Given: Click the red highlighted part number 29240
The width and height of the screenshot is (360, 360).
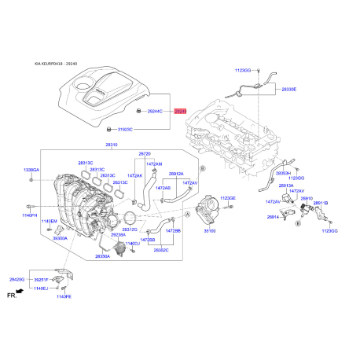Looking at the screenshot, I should (181, 112).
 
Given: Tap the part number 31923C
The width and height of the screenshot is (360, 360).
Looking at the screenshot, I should (126, 129).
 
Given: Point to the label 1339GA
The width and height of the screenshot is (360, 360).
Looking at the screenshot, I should (31, 170).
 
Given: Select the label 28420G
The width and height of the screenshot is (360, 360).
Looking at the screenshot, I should (17, 280).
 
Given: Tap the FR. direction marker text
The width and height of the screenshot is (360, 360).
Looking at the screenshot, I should (11, 296).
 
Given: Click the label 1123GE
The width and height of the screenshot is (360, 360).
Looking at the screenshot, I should (228, 199).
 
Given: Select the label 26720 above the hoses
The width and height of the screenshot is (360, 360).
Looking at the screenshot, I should (145, 154).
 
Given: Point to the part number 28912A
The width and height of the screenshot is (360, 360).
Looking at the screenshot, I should (176, 174).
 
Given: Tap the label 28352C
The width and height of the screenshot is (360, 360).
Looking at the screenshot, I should (162, 250).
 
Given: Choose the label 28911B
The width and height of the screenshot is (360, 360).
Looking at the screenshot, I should (321, 203).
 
